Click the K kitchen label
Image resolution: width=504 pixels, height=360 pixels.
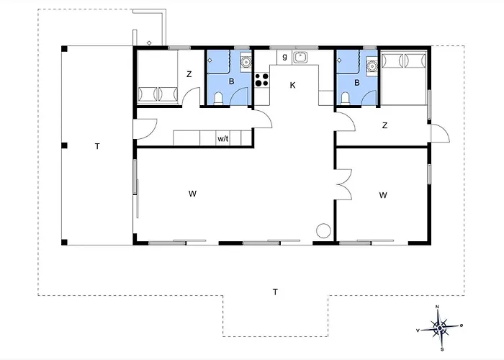click(292, 85)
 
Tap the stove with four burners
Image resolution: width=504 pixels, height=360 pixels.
click(262, 80)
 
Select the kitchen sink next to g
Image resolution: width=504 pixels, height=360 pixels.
click(300, 58)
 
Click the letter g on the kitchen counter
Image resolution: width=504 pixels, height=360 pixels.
click(284, 57)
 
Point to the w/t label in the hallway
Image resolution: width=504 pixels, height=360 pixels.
click(223, 139)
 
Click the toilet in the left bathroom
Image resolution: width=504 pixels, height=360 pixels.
click(218, 99)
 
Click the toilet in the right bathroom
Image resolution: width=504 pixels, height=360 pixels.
click(345, 99)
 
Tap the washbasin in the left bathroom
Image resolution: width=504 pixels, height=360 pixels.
click(246, 61)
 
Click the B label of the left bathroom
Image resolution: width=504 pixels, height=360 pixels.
click(231, 81)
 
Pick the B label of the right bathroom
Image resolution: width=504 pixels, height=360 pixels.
click(357, 83)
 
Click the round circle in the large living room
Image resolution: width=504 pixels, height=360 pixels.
click(323, 230)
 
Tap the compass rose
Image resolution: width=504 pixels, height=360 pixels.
click(439, 328)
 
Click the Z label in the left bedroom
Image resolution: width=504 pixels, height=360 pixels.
click(189, 74)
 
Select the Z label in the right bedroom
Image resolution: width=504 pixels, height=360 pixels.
click(384, 125)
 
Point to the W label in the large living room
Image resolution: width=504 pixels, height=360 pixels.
click(192, 194)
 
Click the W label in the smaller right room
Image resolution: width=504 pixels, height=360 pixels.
click(383, 195)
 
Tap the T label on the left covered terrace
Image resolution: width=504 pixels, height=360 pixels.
click(97, 147)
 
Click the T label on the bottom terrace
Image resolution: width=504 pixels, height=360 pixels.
click(276, 292)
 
